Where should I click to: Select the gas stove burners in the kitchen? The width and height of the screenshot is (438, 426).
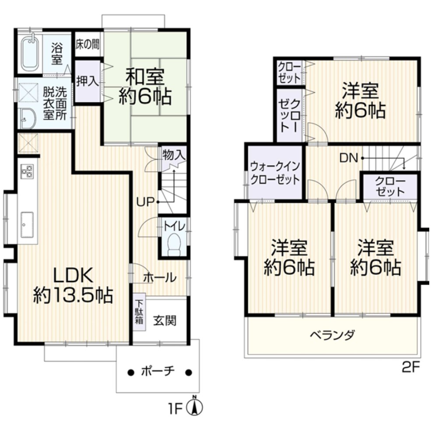(x=27, y=171)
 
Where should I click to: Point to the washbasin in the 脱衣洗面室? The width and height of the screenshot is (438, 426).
(x=28, y=118)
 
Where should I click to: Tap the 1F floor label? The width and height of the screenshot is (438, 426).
(x=175, y=408)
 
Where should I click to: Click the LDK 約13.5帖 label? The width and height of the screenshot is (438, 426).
(x=73, y=285)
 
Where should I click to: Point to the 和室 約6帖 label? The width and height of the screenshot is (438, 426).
(x=145, y=87)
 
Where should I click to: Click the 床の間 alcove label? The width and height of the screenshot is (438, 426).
(x=88, y=44)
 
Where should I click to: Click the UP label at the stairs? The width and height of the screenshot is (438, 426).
(x=145, y=202)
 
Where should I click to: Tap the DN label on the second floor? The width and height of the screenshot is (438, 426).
(x=350, y=158)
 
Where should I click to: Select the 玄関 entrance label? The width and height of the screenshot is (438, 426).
(x=165, y=321)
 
